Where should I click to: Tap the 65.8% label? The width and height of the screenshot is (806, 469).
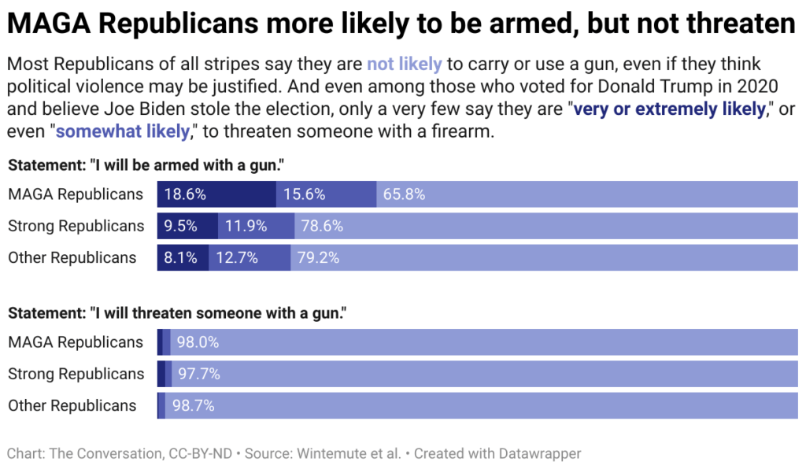pyautogui.click(x=404, y=194)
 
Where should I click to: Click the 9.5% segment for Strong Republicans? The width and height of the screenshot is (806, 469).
pyautogui.click(x=180, y=227)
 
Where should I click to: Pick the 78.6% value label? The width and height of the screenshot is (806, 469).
pyautogui.click(x=322, y=227)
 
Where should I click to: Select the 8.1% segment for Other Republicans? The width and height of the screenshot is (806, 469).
pyautogui.click(x=180, y=258)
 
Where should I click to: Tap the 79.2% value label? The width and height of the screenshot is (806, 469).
pyautogui.click(x=317, y=258)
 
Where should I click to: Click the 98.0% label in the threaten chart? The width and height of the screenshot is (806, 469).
pyautogui.click(x=198, y=342)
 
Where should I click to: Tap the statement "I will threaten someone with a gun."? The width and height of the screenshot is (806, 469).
pyautogui.click(x=177, y=312)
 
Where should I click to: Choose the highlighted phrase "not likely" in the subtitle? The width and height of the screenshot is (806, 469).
pyautogui.click(x=404, y=65)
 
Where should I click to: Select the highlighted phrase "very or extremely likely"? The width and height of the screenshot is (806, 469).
pyautogui.click(x=669, y=109)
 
